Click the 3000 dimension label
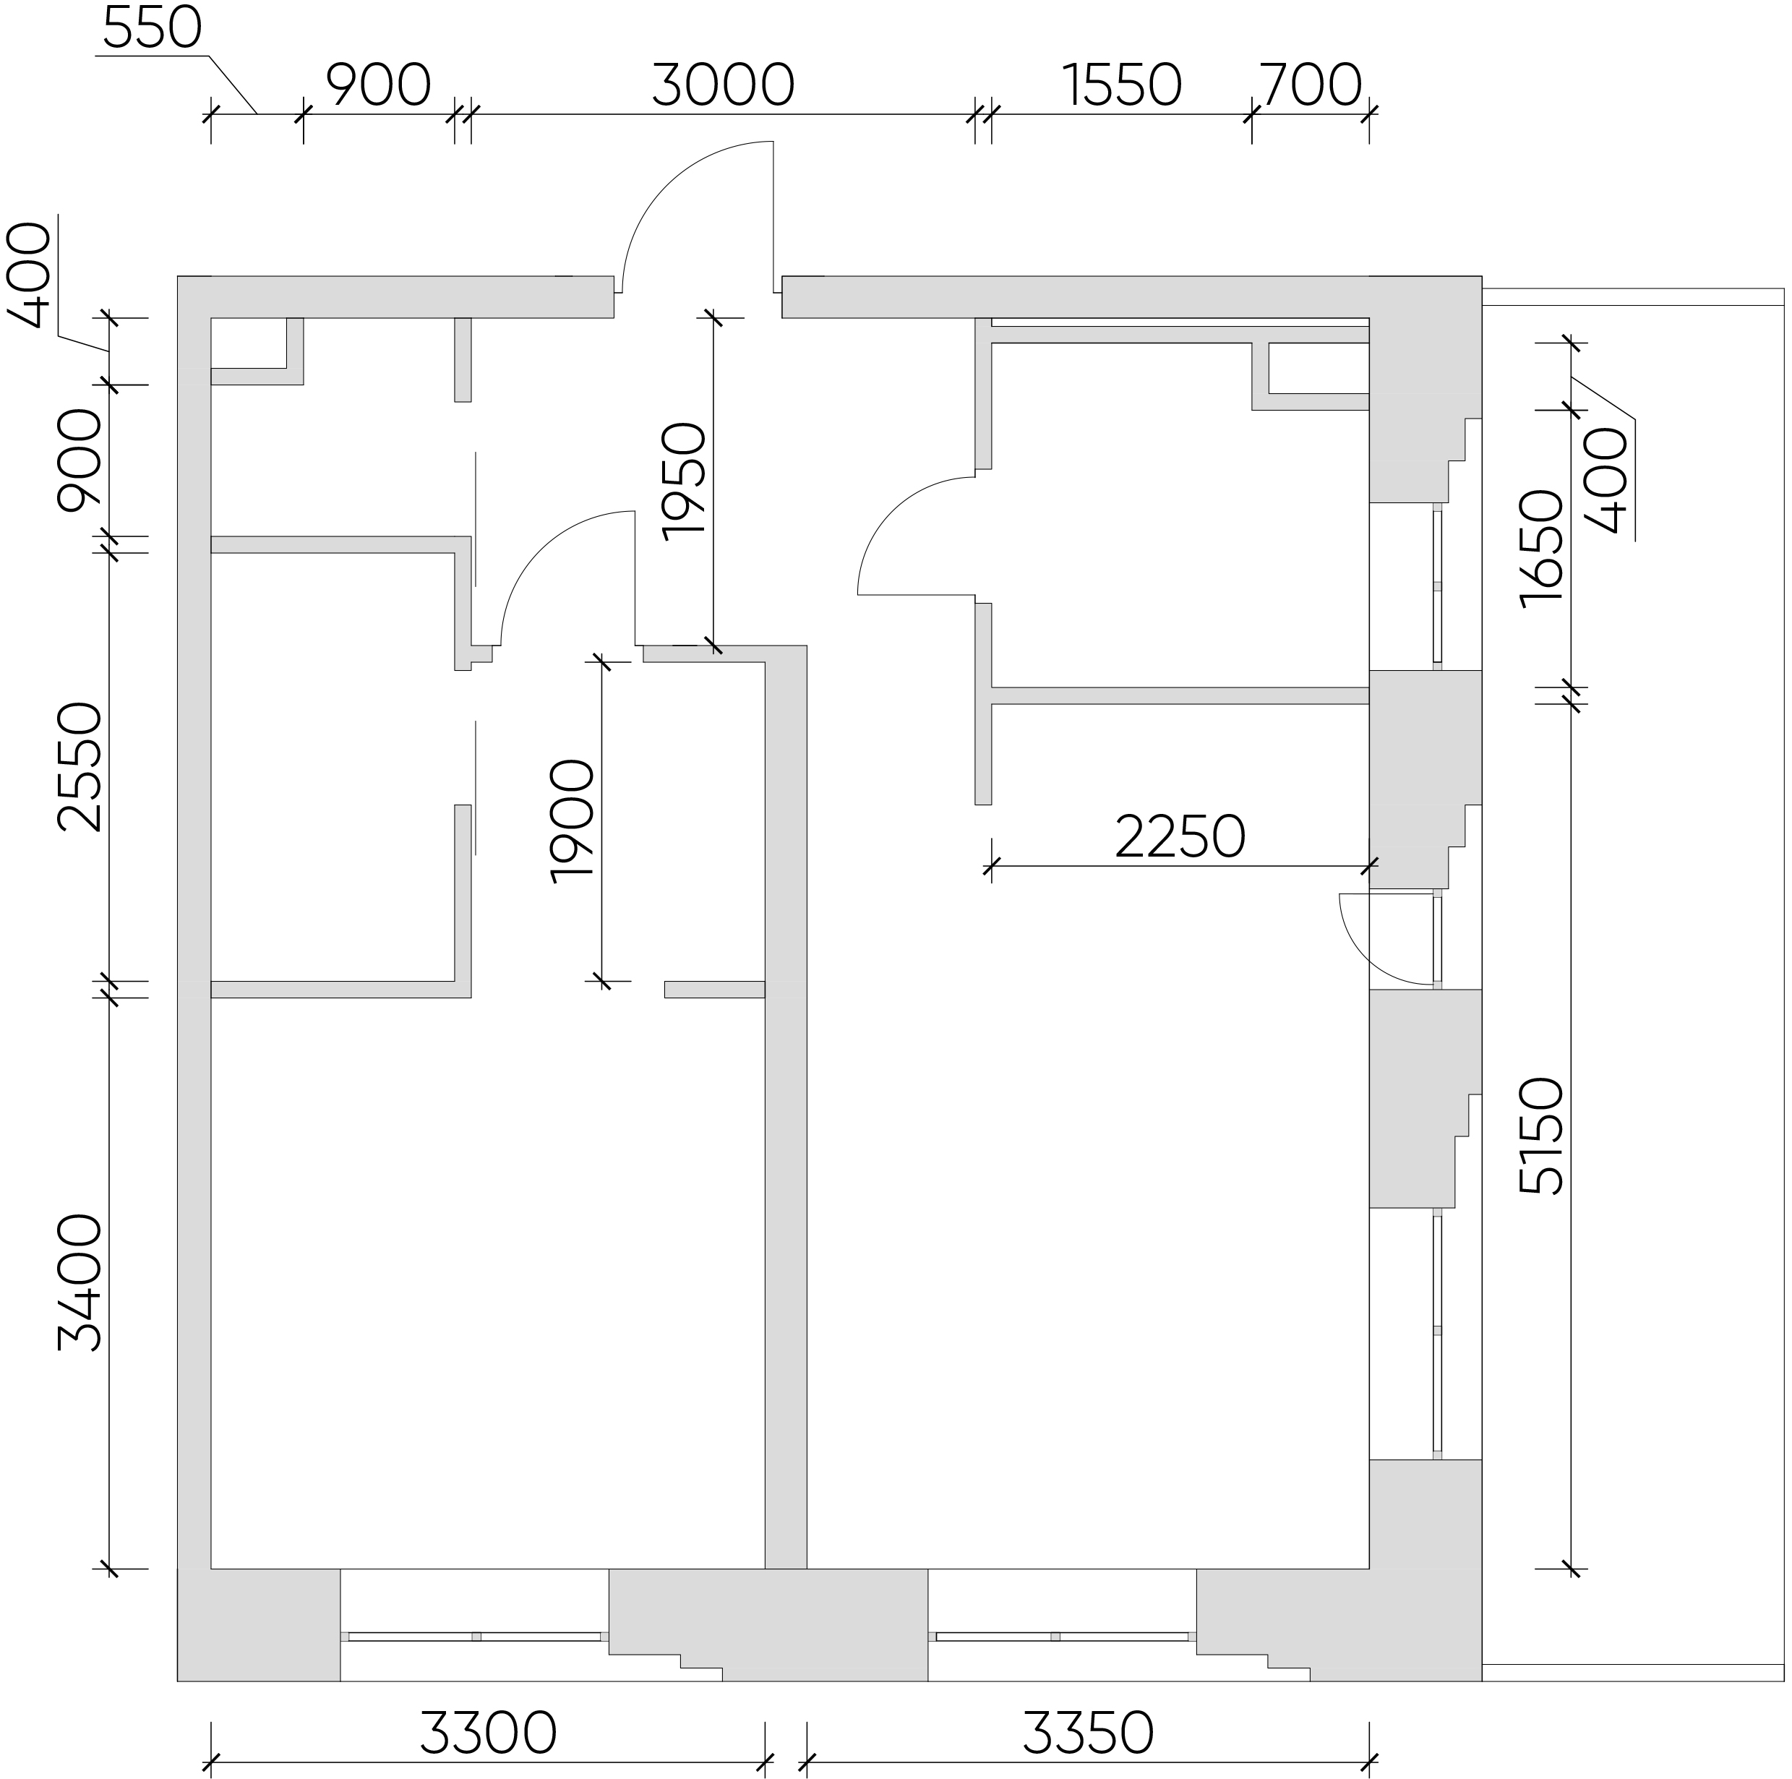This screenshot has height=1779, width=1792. [723, 85]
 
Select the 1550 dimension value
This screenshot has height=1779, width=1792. [1121, 85]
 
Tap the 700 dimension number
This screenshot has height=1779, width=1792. [1311, 85]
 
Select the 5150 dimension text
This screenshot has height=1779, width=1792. [1542, 1136]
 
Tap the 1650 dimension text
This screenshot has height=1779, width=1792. [1542, 548]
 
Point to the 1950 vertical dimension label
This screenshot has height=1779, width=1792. [685, 481]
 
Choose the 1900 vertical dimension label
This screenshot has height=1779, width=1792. [571, 821]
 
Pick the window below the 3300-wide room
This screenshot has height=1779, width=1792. [475, 1636]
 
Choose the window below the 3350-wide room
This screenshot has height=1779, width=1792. [1062, 1636]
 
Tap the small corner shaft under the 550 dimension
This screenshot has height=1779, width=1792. [257, 351]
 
